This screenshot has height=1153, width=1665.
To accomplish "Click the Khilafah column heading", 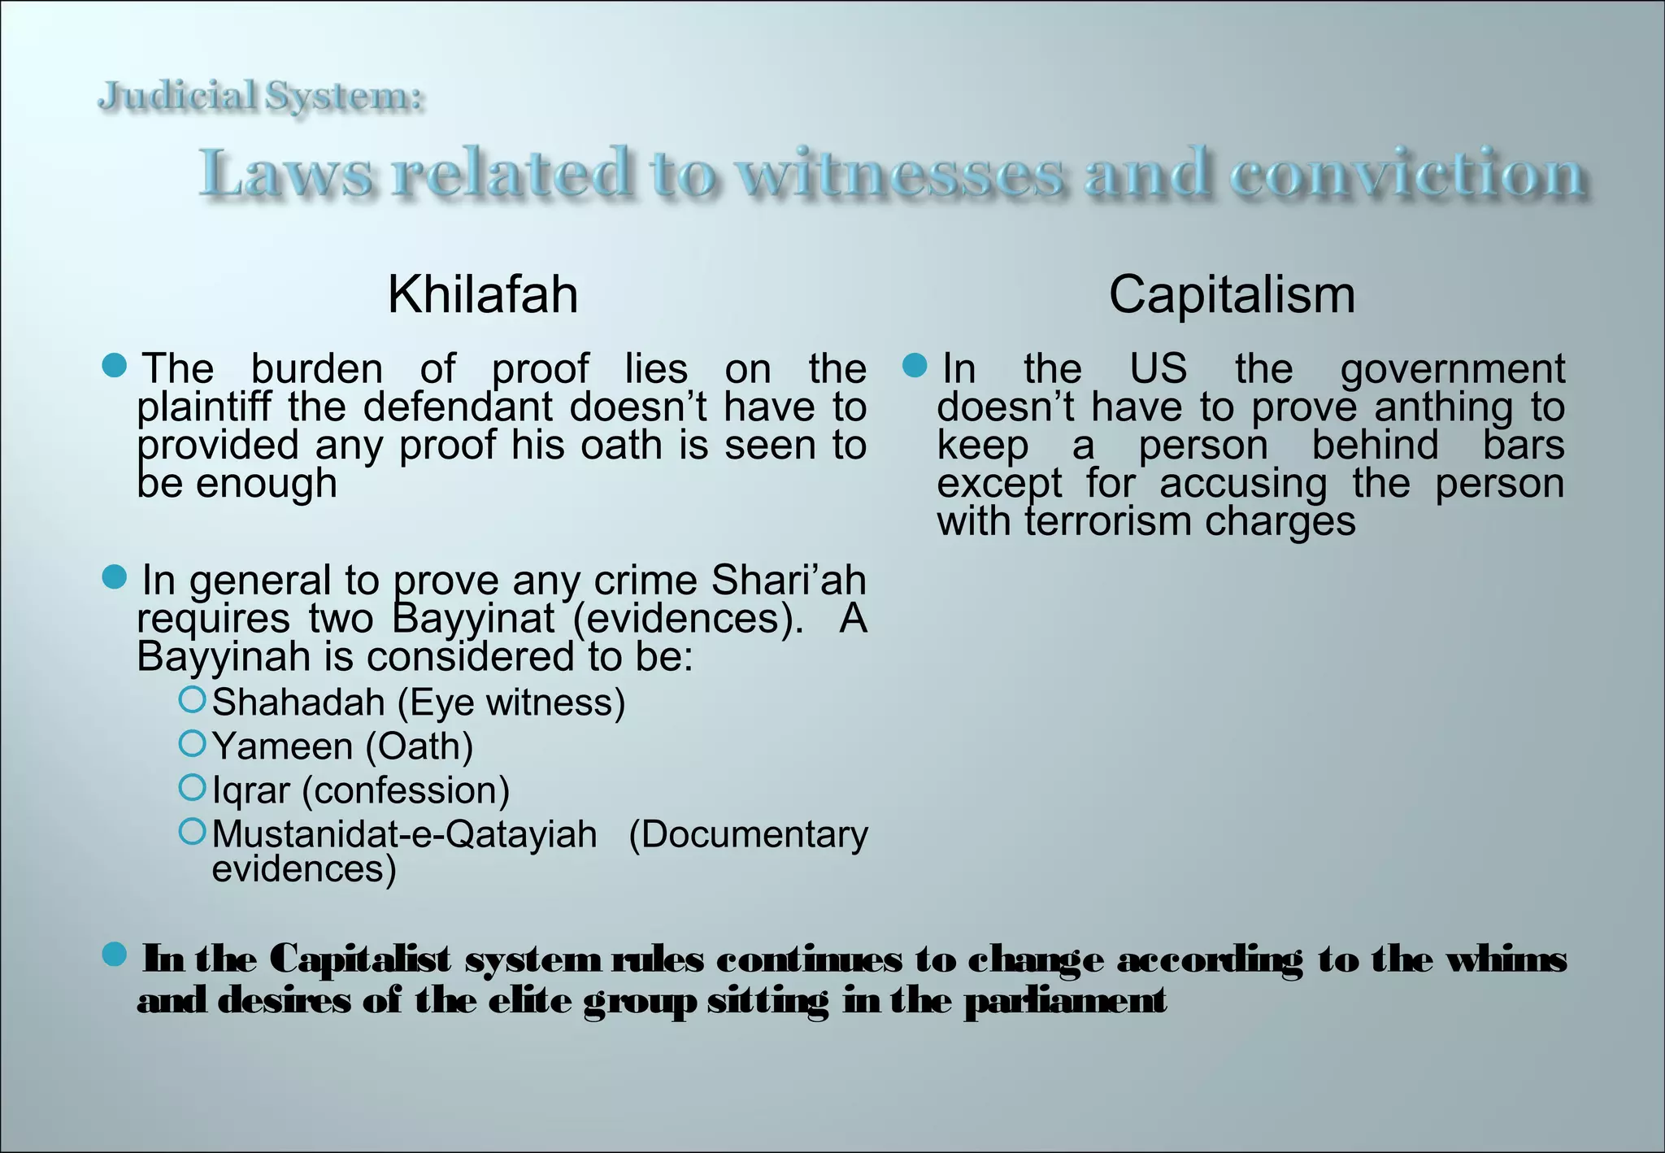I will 483,294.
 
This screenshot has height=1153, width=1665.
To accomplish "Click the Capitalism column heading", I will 1231,294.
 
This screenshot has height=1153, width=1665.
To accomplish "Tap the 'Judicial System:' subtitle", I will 261,97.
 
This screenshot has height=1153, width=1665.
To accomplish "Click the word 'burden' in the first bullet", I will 317,369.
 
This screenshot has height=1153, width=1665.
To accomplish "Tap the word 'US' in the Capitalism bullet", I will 1158,369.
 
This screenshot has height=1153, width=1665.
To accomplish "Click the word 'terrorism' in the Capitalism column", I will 1109,521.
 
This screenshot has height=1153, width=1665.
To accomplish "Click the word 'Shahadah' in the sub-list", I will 298,703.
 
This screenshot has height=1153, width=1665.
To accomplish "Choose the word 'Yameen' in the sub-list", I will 282,746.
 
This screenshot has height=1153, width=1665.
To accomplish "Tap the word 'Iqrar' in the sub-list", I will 250,790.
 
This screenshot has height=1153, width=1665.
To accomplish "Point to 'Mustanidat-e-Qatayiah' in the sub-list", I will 404,834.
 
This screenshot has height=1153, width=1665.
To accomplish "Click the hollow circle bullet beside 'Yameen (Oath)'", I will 192,743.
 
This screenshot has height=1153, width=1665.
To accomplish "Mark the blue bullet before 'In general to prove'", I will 115,578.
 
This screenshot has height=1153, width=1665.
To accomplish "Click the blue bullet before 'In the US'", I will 915,366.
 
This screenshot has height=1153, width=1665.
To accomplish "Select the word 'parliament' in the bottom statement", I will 1065,1001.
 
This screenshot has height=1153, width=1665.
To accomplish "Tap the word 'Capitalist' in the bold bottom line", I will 359,959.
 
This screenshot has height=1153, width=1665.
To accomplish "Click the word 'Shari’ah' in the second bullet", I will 788,581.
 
